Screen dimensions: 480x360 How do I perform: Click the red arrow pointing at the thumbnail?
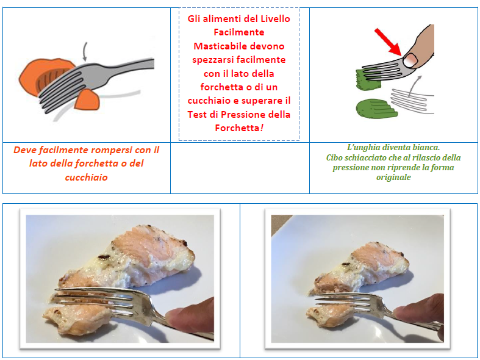coord(388,41)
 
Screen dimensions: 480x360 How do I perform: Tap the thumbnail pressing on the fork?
coord(410,60)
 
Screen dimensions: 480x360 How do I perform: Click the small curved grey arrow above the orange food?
coord(85,51)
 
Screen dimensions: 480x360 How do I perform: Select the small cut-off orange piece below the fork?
coord(87,99)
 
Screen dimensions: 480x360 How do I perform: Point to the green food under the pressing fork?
coord(368,80)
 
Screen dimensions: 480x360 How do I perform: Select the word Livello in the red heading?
coord(275,19)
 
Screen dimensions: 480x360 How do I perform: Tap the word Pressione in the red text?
coord(243,114)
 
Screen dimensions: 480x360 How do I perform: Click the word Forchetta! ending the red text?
coord(239,128)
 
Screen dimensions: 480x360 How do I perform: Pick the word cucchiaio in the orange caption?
coord(87,177)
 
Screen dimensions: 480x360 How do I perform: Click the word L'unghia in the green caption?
coord(361,148)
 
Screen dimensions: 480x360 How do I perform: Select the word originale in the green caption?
coord(393,177)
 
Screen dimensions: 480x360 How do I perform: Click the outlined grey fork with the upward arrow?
coord(412,101)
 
